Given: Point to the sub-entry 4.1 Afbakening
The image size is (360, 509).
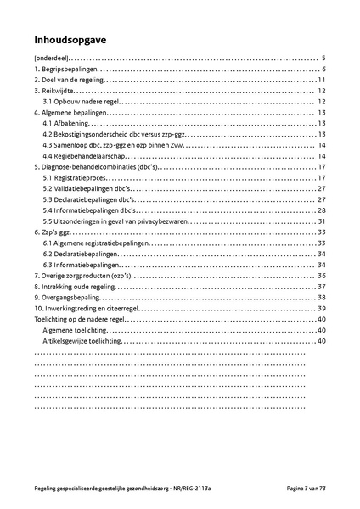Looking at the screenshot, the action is tap(65, 123).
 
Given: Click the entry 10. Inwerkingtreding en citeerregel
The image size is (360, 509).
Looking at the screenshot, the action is tap(90, 309).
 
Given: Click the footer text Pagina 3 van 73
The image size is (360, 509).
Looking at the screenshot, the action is tap(306, 489).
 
